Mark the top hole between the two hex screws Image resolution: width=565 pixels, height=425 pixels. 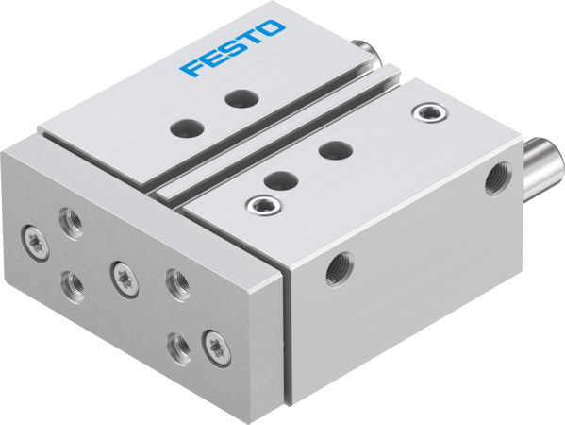tap(330, 149)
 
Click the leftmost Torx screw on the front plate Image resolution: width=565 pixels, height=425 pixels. tap(35, 236)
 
